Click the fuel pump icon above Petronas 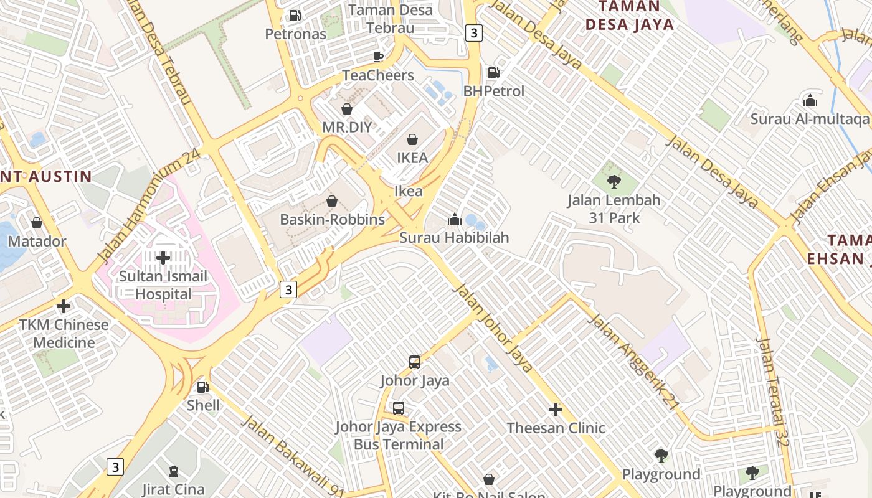tap(295, 16)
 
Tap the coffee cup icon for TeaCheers tap(378, 57)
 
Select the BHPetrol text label tap(493, 91)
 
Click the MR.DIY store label tap(346, 127)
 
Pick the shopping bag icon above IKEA tap(412, 139)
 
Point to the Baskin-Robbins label tap(332, 220)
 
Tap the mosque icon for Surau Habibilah tap(454, 219)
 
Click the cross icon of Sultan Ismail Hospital tap(163, 257)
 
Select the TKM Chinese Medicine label tap(64, 333)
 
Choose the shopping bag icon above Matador tap(37, 223)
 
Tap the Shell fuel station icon tap(202, 387)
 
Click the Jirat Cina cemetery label tap(174, 489)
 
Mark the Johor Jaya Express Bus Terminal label tap(398, 436)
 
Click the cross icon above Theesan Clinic tap(556, 410)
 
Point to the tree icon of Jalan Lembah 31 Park tap(614, 182)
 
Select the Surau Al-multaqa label tap(809, 118)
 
